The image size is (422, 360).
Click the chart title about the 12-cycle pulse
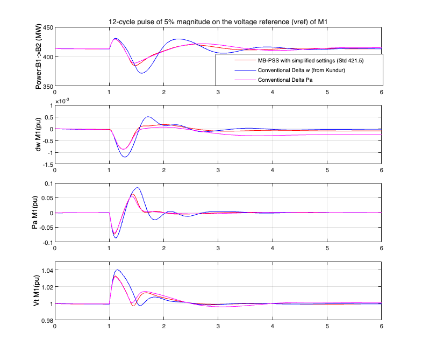pos(218,21)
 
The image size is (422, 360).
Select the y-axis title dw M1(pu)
pos(39,135)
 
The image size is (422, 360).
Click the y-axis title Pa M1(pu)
pos(39,213)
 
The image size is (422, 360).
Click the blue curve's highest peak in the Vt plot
pos(117,270)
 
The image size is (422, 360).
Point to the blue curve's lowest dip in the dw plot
pos(125,157)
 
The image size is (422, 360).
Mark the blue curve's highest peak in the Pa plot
pos(138,188)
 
